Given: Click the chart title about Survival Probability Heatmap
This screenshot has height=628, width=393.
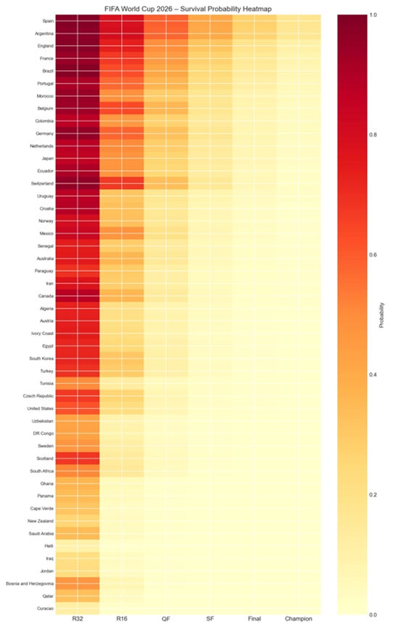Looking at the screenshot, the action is coord(187,9).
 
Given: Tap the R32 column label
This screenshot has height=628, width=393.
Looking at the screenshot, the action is coord(78,619).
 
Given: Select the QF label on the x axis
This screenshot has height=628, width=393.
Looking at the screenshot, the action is coord(166,619).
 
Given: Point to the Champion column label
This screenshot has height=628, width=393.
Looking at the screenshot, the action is coord(298,619).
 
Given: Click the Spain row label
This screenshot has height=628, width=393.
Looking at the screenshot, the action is coord(48,21).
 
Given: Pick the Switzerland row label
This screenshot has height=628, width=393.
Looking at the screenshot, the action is coord(42,183).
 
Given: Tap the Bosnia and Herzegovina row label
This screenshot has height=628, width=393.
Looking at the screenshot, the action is coord(30,584).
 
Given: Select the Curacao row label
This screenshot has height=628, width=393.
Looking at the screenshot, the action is coord(45,608).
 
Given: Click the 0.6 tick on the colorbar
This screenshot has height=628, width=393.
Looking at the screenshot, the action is coord(373,254).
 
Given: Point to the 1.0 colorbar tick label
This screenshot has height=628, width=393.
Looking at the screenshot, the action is coord(373,15).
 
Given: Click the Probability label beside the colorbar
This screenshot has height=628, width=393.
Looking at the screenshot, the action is coord(381,315).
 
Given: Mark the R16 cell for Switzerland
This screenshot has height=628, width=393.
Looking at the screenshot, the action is coord(121,183).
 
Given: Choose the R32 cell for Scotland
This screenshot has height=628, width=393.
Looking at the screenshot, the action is coord(78,459).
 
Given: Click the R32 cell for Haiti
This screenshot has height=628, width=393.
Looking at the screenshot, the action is coord(78,546).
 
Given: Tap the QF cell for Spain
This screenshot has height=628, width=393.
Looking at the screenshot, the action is coord(166,21).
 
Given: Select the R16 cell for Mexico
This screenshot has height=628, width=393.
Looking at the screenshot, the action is coord(121,233).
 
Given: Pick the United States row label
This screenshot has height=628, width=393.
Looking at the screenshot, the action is coord(40,408).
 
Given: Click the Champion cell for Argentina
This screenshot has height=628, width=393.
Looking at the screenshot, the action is coord(298,33).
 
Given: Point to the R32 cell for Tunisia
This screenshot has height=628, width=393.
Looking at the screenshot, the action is coord(78,383).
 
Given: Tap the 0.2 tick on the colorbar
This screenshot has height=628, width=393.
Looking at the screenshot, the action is coord(373,495).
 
